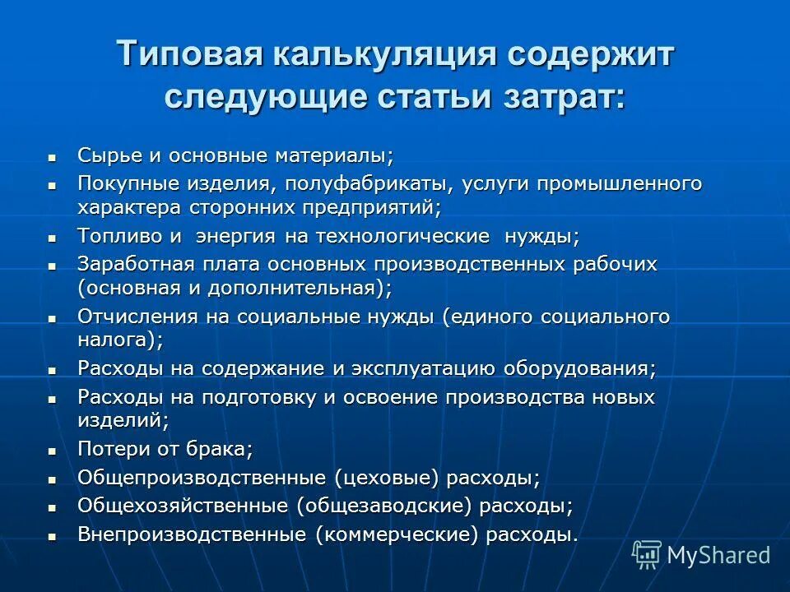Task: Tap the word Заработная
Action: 136,264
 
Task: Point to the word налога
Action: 114,340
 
